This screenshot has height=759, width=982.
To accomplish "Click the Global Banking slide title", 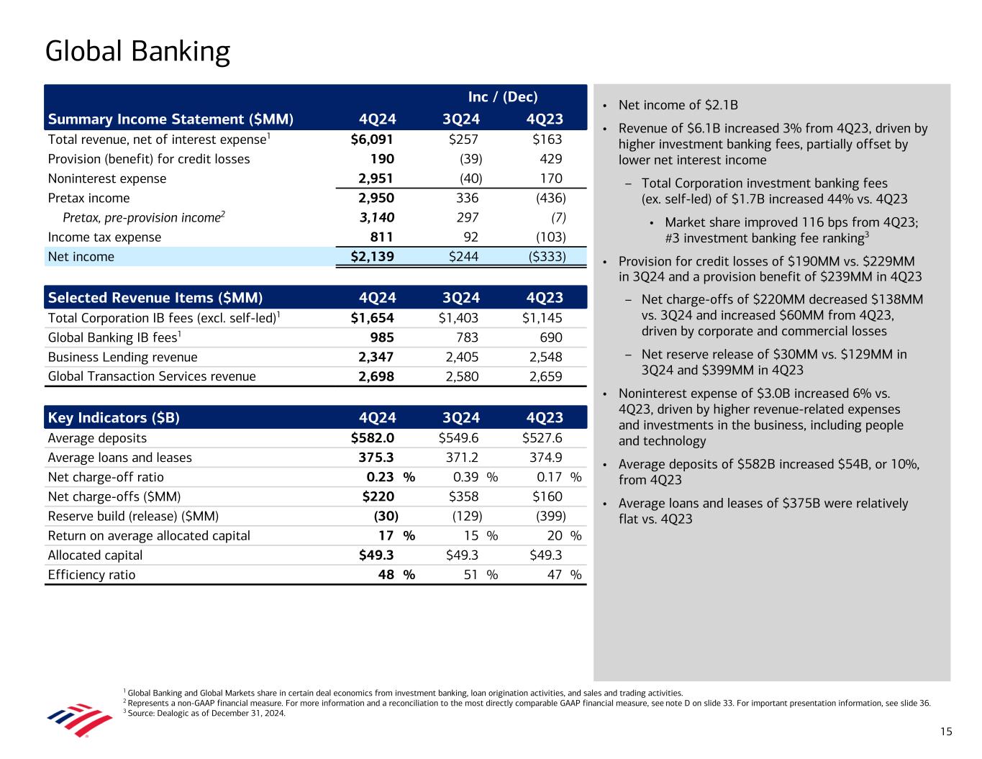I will pos(137,52).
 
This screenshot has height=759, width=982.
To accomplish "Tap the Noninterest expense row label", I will pos(106,178).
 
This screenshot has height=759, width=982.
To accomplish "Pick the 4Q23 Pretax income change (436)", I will pos(551,198).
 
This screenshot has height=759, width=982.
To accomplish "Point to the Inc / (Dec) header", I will pos(503,97).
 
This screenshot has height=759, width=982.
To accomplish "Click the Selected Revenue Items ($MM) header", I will pos(155,298).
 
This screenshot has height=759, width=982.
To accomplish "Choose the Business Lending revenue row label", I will pos(122,357).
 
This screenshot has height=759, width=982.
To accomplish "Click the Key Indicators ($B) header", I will pos(114,418).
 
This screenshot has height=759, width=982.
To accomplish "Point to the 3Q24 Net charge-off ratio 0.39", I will pos(466,477).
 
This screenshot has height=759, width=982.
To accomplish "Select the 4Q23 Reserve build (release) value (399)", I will pos(551,516).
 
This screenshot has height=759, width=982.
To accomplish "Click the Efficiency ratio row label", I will pos(91,575).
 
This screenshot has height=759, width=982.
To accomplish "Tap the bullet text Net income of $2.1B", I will pos(678,106).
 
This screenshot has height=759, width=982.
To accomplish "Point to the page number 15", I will pos(945,732).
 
